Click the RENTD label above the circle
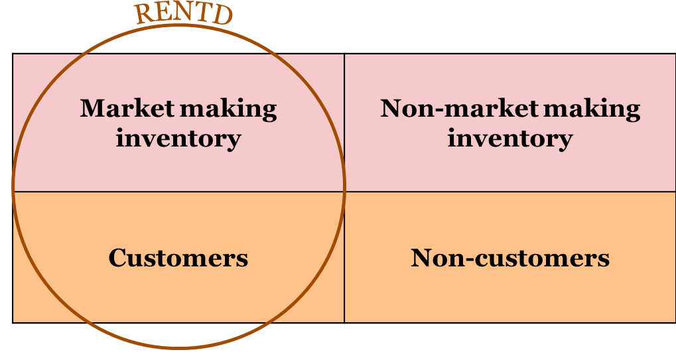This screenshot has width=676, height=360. (184, 15)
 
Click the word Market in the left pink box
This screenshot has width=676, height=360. (127, 108)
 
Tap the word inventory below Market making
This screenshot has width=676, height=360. (178, 139)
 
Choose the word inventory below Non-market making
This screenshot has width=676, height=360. (509, 139)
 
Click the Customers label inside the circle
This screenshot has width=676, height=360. (178, 258)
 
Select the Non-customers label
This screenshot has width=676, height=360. (509, 258)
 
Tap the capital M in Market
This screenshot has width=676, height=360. (92, 108)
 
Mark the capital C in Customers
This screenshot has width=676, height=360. (117, 258)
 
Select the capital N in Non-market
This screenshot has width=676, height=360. (392, 108)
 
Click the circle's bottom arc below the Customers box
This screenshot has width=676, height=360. (179, 346)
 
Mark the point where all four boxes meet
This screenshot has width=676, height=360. (344, 192)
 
